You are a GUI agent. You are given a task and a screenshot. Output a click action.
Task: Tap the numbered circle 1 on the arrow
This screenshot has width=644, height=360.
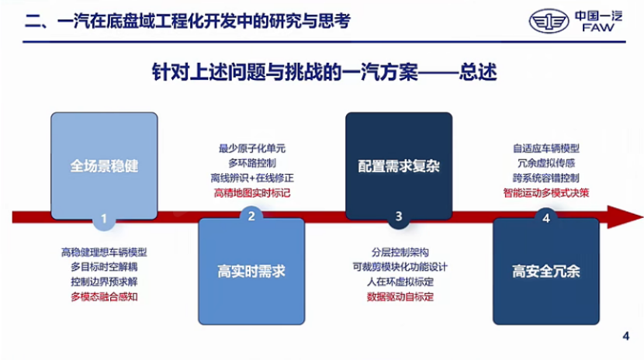tap(104, 219)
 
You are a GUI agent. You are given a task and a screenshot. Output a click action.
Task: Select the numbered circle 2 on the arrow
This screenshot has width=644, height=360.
tap(251, 216)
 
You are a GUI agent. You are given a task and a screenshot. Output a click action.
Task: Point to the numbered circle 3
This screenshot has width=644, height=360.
tap(399, 216)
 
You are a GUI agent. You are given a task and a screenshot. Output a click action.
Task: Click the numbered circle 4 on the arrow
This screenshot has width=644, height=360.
tap(546, 218)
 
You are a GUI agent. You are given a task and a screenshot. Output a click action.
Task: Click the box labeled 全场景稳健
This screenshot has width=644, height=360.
tap(104, 164)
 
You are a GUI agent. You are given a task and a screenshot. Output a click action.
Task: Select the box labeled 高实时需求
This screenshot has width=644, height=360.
tap(251, 271)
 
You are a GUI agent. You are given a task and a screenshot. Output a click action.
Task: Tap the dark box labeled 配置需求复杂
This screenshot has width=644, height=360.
tap(398, 164)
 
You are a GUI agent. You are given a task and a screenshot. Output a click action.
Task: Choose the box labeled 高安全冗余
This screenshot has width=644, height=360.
tap(546, 271)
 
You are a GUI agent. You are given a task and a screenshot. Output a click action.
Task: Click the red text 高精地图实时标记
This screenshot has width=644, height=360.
tap(251, 192)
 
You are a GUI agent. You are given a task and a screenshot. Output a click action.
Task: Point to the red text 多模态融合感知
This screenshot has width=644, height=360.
tap(104, 296)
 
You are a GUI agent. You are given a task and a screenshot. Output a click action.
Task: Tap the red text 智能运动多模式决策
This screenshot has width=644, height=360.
tap(545, 192)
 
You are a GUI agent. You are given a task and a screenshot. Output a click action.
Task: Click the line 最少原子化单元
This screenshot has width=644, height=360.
tap(251, 148)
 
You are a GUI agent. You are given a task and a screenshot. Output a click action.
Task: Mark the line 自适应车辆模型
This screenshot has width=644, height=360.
tap(545, 148)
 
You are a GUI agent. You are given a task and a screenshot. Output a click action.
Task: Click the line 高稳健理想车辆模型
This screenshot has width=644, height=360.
tap(104, 252)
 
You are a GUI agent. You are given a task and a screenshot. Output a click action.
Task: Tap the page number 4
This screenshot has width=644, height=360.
tap(626, 335)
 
